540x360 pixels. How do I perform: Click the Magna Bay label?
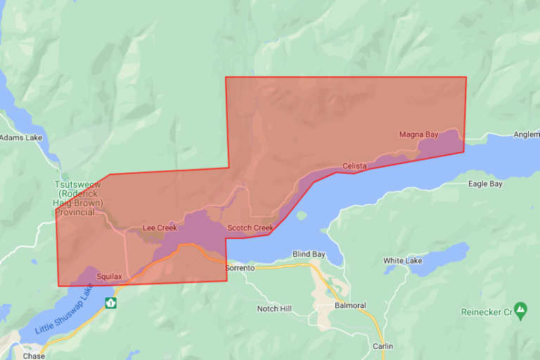tap(418, 134)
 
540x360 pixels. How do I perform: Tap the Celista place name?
tap(355, 166)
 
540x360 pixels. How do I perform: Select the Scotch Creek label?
tap(250, 228)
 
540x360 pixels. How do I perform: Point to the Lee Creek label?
tap(160, 228)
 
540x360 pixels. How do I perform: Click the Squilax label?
tap(110, 277)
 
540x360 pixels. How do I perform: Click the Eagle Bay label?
tap(485, 184)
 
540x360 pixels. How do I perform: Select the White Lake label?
tap(403, 261)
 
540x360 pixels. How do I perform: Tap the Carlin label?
tap(383, 346)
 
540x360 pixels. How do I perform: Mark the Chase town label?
tap(33, 356)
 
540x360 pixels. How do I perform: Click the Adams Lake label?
tap(21, 138)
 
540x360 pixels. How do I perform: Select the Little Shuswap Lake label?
tap(63, 309)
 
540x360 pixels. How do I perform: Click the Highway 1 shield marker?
tap(110, 303)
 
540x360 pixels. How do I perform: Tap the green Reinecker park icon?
tap(520, 309)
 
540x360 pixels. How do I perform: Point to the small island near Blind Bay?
tap(302, 214)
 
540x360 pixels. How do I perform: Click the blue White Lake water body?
tap(442, 254)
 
